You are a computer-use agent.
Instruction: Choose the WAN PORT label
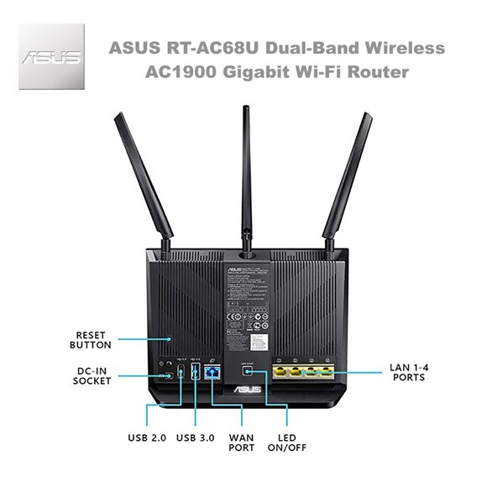click(x=242, y=442)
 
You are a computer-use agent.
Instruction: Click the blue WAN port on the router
click(x=212, y=372)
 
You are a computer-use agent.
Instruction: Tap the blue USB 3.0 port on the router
click(x=195, y=372)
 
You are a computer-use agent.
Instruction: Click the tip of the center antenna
click(x=246, y=109)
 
